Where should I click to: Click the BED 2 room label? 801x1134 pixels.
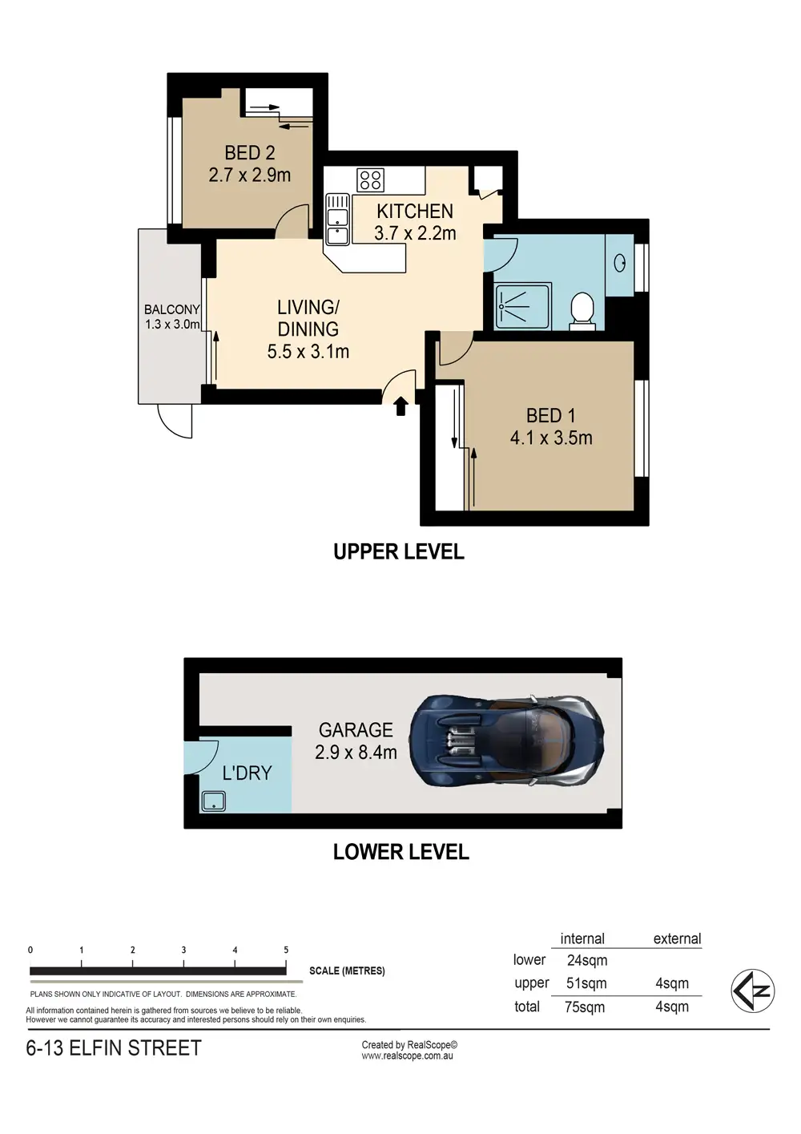tap(249, 152)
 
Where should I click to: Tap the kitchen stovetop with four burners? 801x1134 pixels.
tap(370, 180)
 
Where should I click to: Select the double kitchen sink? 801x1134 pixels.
tap(337, 219)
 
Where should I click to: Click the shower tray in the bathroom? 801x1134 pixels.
tap(523, 306)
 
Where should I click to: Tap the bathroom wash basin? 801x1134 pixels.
tap(620, 263)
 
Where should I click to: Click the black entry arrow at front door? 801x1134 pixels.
tap(400, 406)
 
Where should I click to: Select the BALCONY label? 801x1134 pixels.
tap(171, 309)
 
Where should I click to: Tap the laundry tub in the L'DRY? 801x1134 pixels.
tap(214, 801)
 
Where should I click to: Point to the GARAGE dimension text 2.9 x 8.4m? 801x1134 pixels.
tap(356, 753)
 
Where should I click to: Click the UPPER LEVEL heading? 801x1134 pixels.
tap(399, 552)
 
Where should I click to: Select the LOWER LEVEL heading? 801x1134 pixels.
tap(400, 852)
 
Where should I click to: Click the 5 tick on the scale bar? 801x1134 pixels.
tap(287, 950)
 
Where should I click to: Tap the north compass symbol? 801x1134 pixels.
tap(752, 991)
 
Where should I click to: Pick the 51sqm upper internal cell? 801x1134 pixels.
tap(586, 983)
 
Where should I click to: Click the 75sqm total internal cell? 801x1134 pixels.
tap(585, 1007)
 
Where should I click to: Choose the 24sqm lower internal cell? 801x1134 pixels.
tap(587, 960)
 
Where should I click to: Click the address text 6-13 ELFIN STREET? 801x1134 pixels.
tap(114, 1048)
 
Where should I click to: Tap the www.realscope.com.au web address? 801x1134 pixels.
tap(408, 1056)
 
